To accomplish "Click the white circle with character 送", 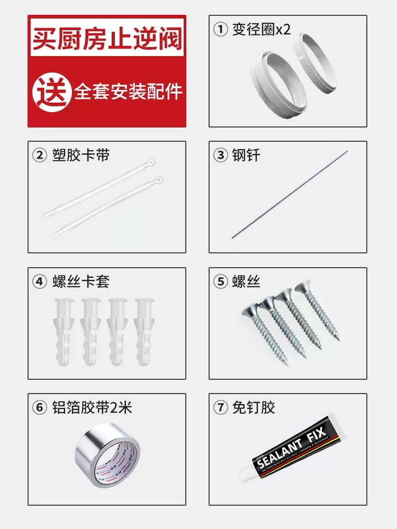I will pyautogui.click(x=52, y=92).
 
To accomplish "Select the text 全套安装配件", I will pyautogui.click(x=128, y=92).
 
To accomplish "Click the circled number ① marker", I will pyautogui.click(x=220, y=29).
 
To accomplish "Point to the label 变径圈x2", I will pyautogui.click(x=261, y=29).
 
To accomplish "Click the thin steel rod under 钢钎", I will pyautogui.click(x=290, y=194).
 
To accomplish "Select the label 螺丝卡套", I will pyautogui.click(x=81, y=281).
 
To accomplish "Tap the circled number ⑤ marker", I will pyautogui.click(x=220, y=281).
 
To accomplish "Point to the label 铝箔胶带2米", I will pyautogui.click(x=92, y=407).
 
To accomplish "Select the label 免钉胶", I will pyautogui.click(x=254, y=407).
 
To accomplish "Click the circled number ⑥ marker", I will pyautogui.click(x=40, y=407).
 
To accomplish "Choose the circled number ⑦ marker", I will pyautogui.click(x=220, y=407).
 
